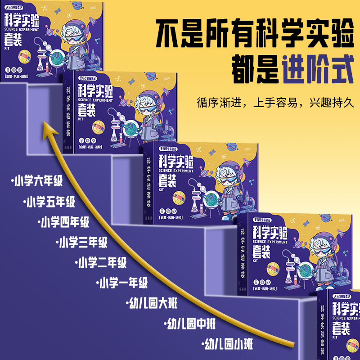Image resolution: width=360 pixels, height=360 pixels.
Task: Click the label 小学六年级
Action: (37, 181)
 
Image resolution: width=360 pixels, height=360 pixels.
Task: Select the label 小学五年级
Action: (50, 202)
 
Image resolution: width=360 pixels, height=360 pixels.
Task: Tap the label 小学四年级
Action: (64, 222)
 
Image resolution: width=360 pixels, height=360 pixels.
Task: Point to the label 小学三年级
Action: (82, 242)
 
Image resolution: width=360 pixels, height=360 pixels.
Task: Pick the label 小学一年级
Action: (122, 283)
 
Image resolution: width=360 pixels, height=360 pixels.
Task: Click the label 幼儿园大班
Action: (152, 303)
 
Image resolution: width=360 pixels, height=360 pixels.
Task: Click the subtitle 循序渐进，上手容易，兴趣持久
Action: (275, 102)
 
